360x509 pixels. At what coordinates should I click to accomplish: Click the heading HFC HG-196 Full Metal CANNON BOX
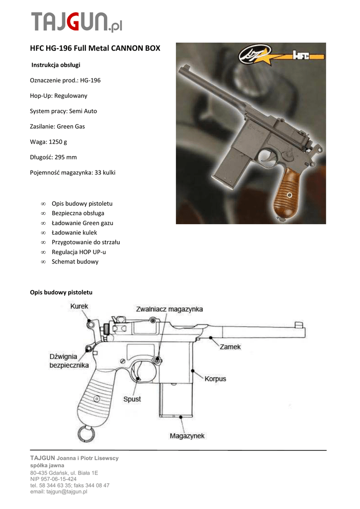coord(95,49)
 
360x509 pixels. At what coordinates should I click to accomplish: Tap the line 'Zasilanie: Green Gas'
coord(58,126)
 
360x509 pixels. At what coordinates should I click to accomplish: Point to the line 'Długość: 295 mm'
coord(54,157)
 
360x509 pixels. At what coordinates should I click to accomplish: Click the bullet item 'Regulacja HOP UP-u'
coord(79,252)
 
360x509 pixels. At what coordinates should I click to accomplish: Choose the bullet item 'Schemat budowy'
coord(75,261)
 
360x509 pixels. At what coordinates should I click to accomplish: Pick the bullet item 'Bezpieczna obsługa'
coord(78,213)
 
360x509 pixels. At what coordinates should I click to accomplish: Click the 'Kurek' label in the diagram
coord(79,307)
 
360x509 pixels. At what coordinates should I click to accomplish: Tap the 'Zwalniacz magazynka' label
coord(170,309)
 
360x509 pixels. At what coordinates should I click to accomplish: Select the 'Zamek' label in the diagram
coord(230,346)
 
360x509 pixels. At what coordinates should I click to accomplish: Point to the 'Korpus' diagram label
coord(215,379)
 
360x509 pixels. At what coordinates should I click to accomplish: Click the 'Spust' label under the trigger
coord(132,399)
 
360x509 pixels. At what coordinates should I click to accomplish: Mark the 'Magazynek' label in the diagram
coord(187,436)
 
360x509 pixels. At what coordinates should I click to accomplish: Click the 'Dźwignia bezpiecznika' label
coord(69,361)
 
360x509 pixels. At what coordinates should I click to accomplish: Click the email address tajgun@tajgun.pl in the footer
coord(59,492)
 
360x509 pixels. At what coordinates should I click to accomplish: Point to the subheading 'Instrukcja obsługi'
coord(56,65)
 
